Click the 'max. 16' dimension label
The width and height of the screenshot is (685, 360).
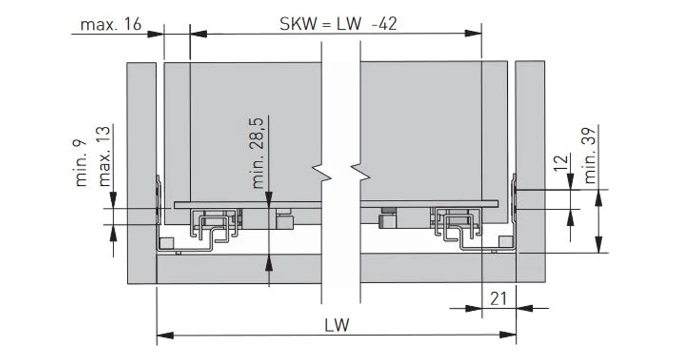110,25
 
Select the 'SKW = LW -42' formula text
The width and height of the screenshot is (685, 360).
338,24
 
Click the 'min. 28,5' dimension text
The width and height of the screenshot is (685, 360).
259,152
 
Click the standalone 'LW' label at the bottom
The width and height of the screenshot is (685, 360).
337,325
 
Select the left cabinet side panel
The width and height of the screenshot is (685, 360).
141,171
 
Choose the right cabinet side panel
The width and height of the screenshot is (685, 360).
530,171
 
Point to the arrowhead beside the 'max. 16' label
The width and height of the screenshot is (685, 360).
155,34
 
